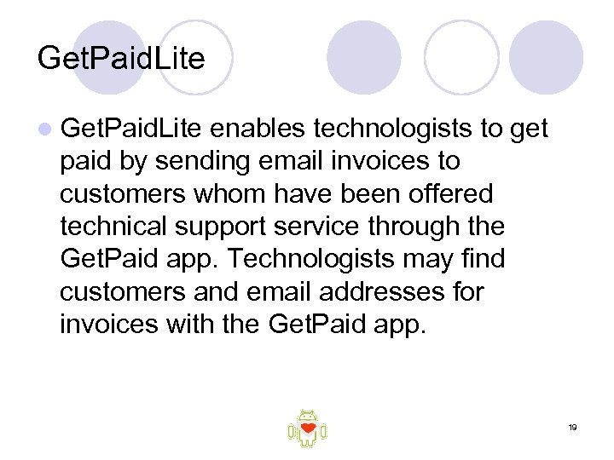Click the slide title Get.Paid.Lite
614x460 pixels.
click(121, 59)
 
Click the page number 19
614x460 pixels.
click(573, 427)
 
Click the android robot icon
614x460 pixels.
click(308, 428)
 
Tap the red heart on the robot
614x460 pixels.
click(309, 427)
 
